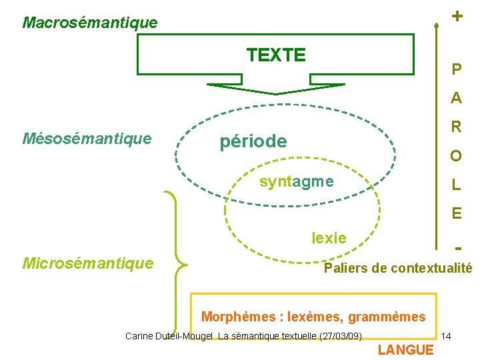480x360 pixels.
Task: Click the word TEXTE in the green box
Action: point(276,55)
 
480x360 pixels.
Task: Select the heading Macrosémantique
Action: point(90,23)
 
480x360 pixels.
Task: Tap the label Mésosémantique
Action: point(87,139)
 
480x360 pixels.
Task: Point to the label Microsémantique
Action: point(88,263)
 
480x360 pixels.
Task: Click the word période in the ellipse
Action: point(253,141)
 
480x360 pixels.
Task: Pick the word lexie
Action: point(329,237)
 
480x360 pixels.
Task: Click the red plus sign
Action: point(457,15)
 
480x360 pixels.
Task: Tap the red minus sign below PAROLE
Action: point(457,248)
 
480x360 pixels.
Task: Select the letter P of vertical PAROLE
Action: point(456,69)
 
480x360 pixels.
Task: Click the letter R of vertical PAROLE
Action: point(456,127)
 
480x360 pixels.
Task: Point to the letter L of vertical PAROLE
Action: point(456,185)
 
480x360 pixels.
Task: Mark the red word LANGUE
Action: point(405,350)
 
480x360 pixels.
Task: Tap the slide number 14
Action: point(447,336)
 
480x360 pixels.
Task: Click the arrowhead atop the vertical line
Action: point(435,25)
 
